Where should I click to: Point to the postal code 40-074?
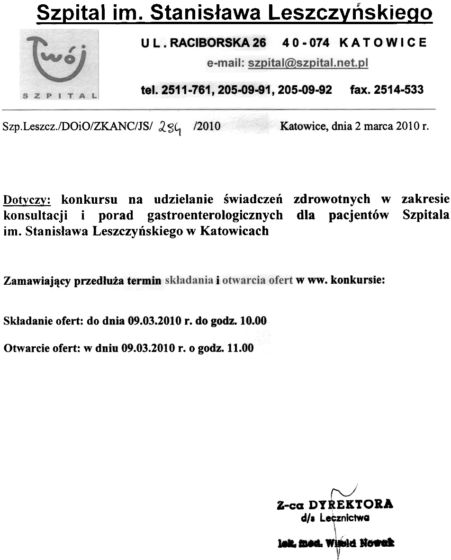tap(306, 43)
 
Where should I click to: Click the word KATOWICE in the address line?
tap(384, 43)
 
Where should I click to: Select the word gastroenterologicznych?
tap(215, 216)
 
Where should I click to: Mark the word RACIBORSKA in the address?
tap(211, 43)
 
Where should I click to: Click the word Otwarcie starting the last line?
tap(23, 349)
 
